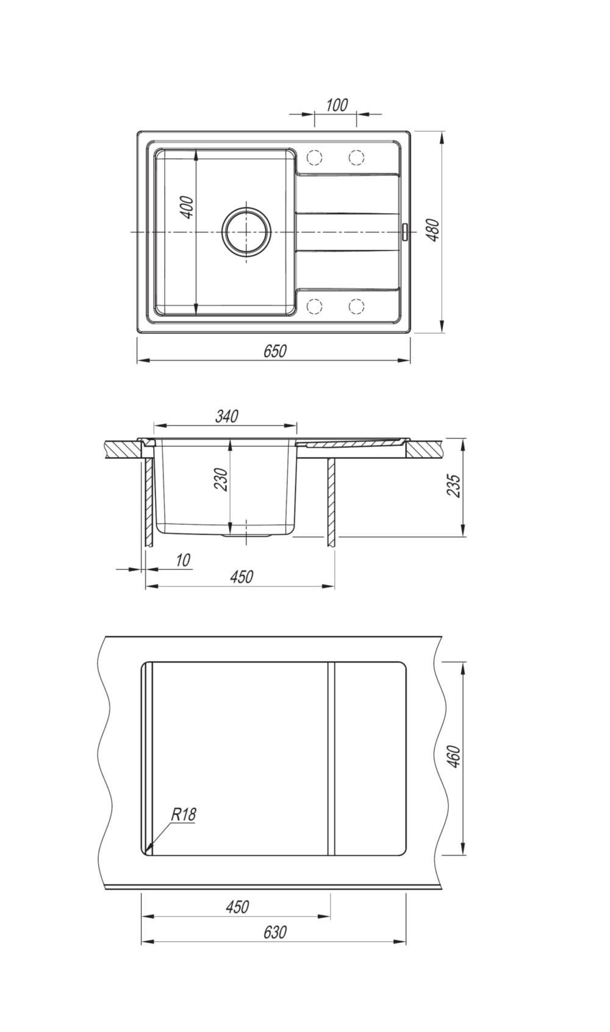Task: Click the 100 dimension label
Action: pos(337,105)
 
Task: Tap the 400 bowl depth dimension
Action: pos(188,207)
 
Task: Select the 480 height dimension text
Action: pos(434,230)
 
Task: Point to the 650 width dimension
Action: pos(275,351)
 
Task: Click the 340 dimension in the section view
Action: pos(226,416)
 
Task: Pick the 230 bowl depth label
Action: pos(221,479)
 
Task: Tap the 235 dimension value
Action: pos(453,485)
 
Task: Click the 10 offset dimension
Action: pos(183,560)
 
